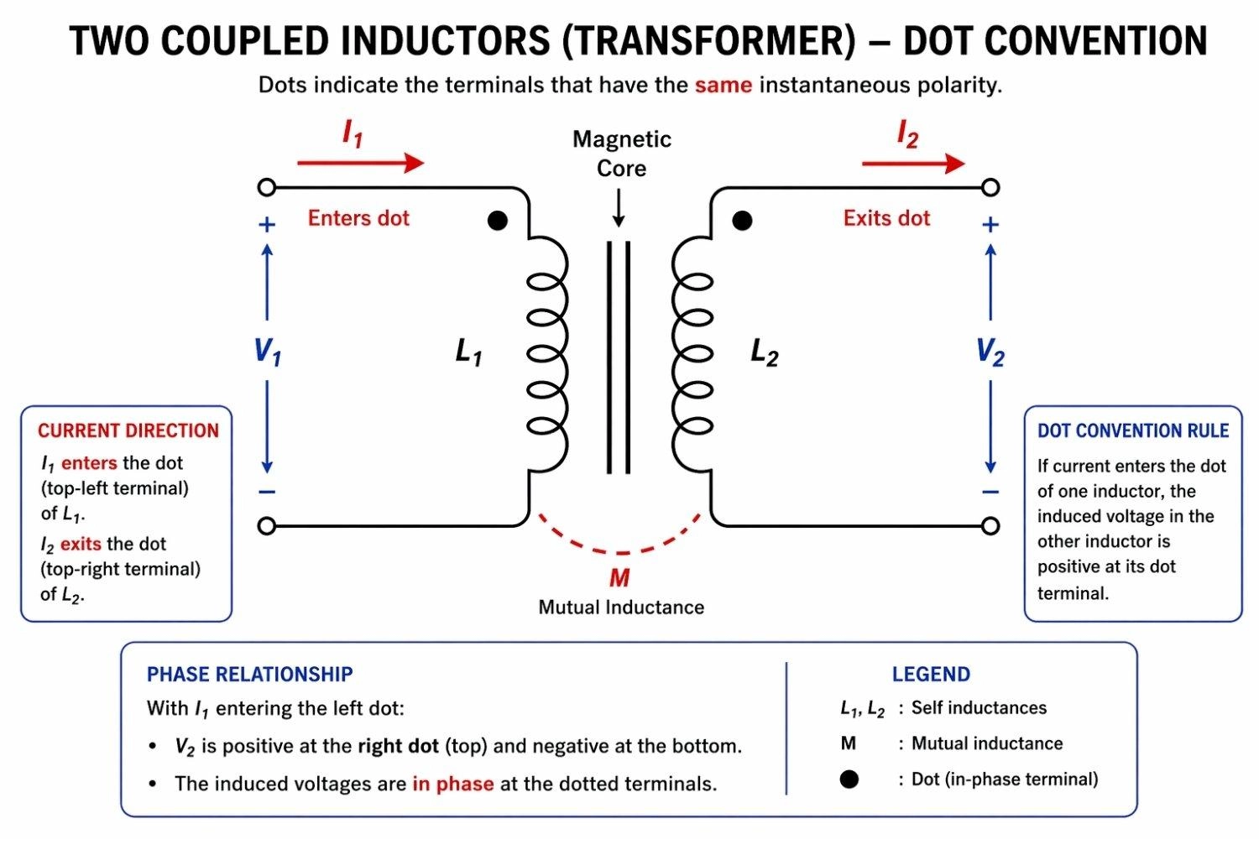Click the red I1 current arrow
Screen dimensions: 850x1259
click(x=361, y=163)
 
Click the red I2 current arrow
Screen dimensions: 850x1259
click(x=913, y=163)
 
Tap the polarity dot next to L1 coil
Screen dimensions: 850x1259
click(x=498, y=221)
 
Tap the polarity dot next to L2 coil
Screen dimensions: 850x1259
click(x=742, y=221)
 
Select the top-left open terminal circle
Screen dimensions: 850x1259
click(x=267, y=187)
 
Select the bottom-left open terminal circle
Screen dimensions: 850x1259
click(x=267, y=526)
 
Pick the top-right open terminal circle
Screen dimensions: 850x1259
click(x=990, y=187)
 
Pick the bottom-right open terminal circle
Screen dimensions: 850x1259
click(x=990, y=526)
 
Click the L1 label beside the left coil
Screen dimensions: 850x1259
click(x=468, y=352)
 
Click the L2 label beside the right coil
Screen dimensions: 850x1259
click(x=764, y=352)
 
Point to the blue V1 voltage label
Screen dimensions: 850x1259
click(x=268, y=352)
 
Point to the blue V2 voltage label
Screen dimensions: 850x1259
click(x=990, y=352)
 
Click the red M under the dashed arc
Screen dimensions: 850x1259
click(x=619, y=578)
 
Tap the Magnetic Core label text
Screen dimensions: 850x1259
click(x=621, y=154)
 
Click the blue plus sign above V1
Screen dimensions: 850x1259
click(x=267, y=225)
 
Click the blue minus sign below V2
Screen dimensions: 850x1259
click(x=990, y=492)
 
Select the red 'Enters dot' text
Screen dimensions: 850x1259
click(x=358, y=218)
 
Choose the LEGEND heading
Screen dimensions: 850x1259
click(x=931, y=675)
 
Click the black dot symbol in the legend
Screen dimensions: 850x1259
click(x=849, y=780)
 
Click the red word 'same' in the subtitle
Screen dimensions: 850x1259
click(x=723, y=86)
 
